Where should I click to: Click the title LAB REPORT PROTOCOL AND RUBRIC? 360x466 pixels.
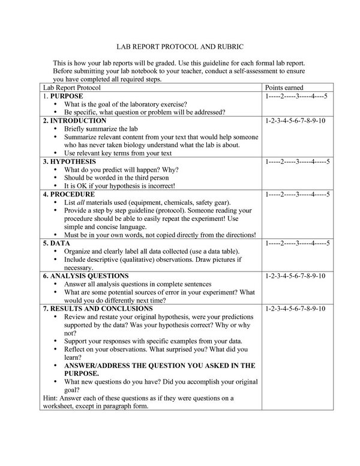(x=180, y=46)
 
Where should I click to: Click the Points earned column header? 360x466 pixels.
(x=284, y=88)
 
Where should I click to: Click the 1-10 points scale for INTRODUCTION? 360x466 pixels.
(x=295, y=120)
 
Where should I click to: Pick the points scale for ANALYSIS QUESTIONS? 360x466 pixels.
(x=295, y=276)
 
